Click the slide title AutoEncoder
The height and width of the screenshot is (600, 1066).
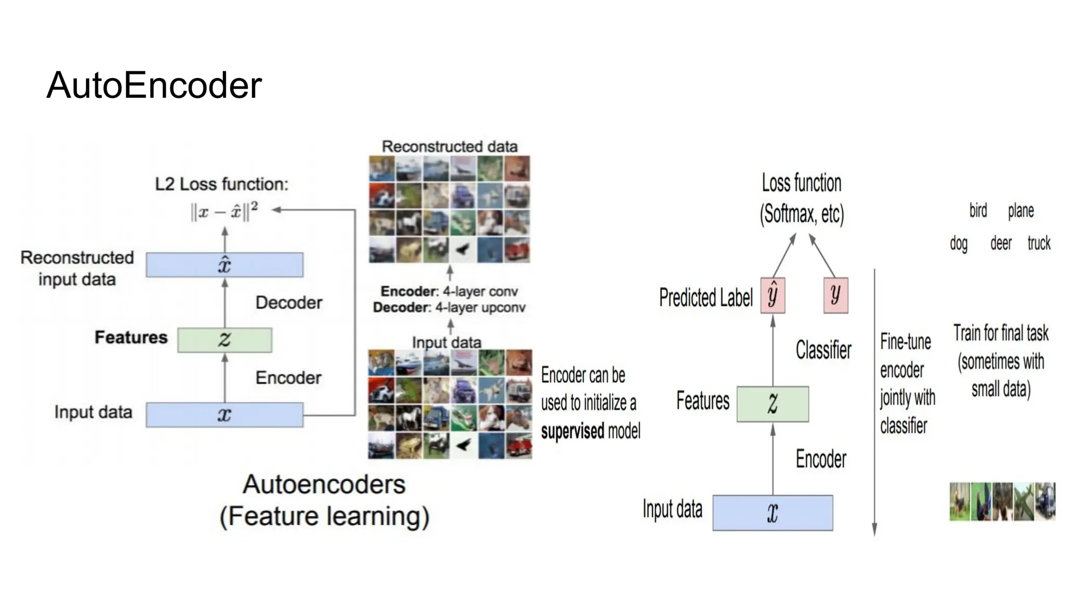tap(154, 85)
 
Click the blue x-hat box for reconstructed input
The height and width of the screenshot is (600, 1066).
tap(224, 265)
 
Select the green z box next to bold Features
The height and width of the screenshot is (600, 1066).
tap(224, 340)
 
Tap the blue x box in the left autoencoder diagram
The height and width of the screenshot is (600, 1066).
tap(224, 415)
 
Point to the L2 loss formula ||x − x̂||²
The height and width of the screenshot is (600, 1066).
tap(224, 211)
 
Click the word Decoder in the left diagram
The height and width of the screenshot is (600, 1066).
tap(289, 303)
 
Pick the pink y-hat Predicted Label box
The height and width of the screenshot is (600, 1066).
tap(772, 295)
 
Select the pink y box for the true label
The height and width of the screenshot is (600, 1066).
tap(835, 295)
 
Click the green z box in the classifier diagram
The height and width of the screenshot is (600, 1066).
tap(772, 404)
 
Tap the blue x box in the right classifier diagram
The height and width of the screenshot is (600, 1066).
tap(772, 513)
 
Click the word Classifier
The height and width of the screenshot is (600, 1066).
tap(823, 350)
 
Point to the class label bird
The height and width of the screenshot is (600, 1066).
tap(978, 210)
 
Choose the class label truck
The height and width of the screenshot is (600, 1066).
tap(1039, 243)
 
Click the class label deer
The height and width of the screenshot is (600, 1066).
tap(1000, 243)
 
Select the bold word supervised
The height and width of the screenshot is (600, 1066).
tap(573, 431)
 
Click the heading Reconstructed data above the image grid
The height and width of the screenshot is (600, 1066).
tap(450, 146)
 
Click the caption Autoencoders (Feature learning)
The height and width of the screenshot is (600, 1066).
tap(324, 501)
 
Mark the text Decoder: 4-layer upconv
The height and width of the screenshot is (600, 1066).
tap(449, 308)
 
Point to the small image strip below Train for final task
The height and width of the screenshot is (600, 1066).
tap(1002, 502)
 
